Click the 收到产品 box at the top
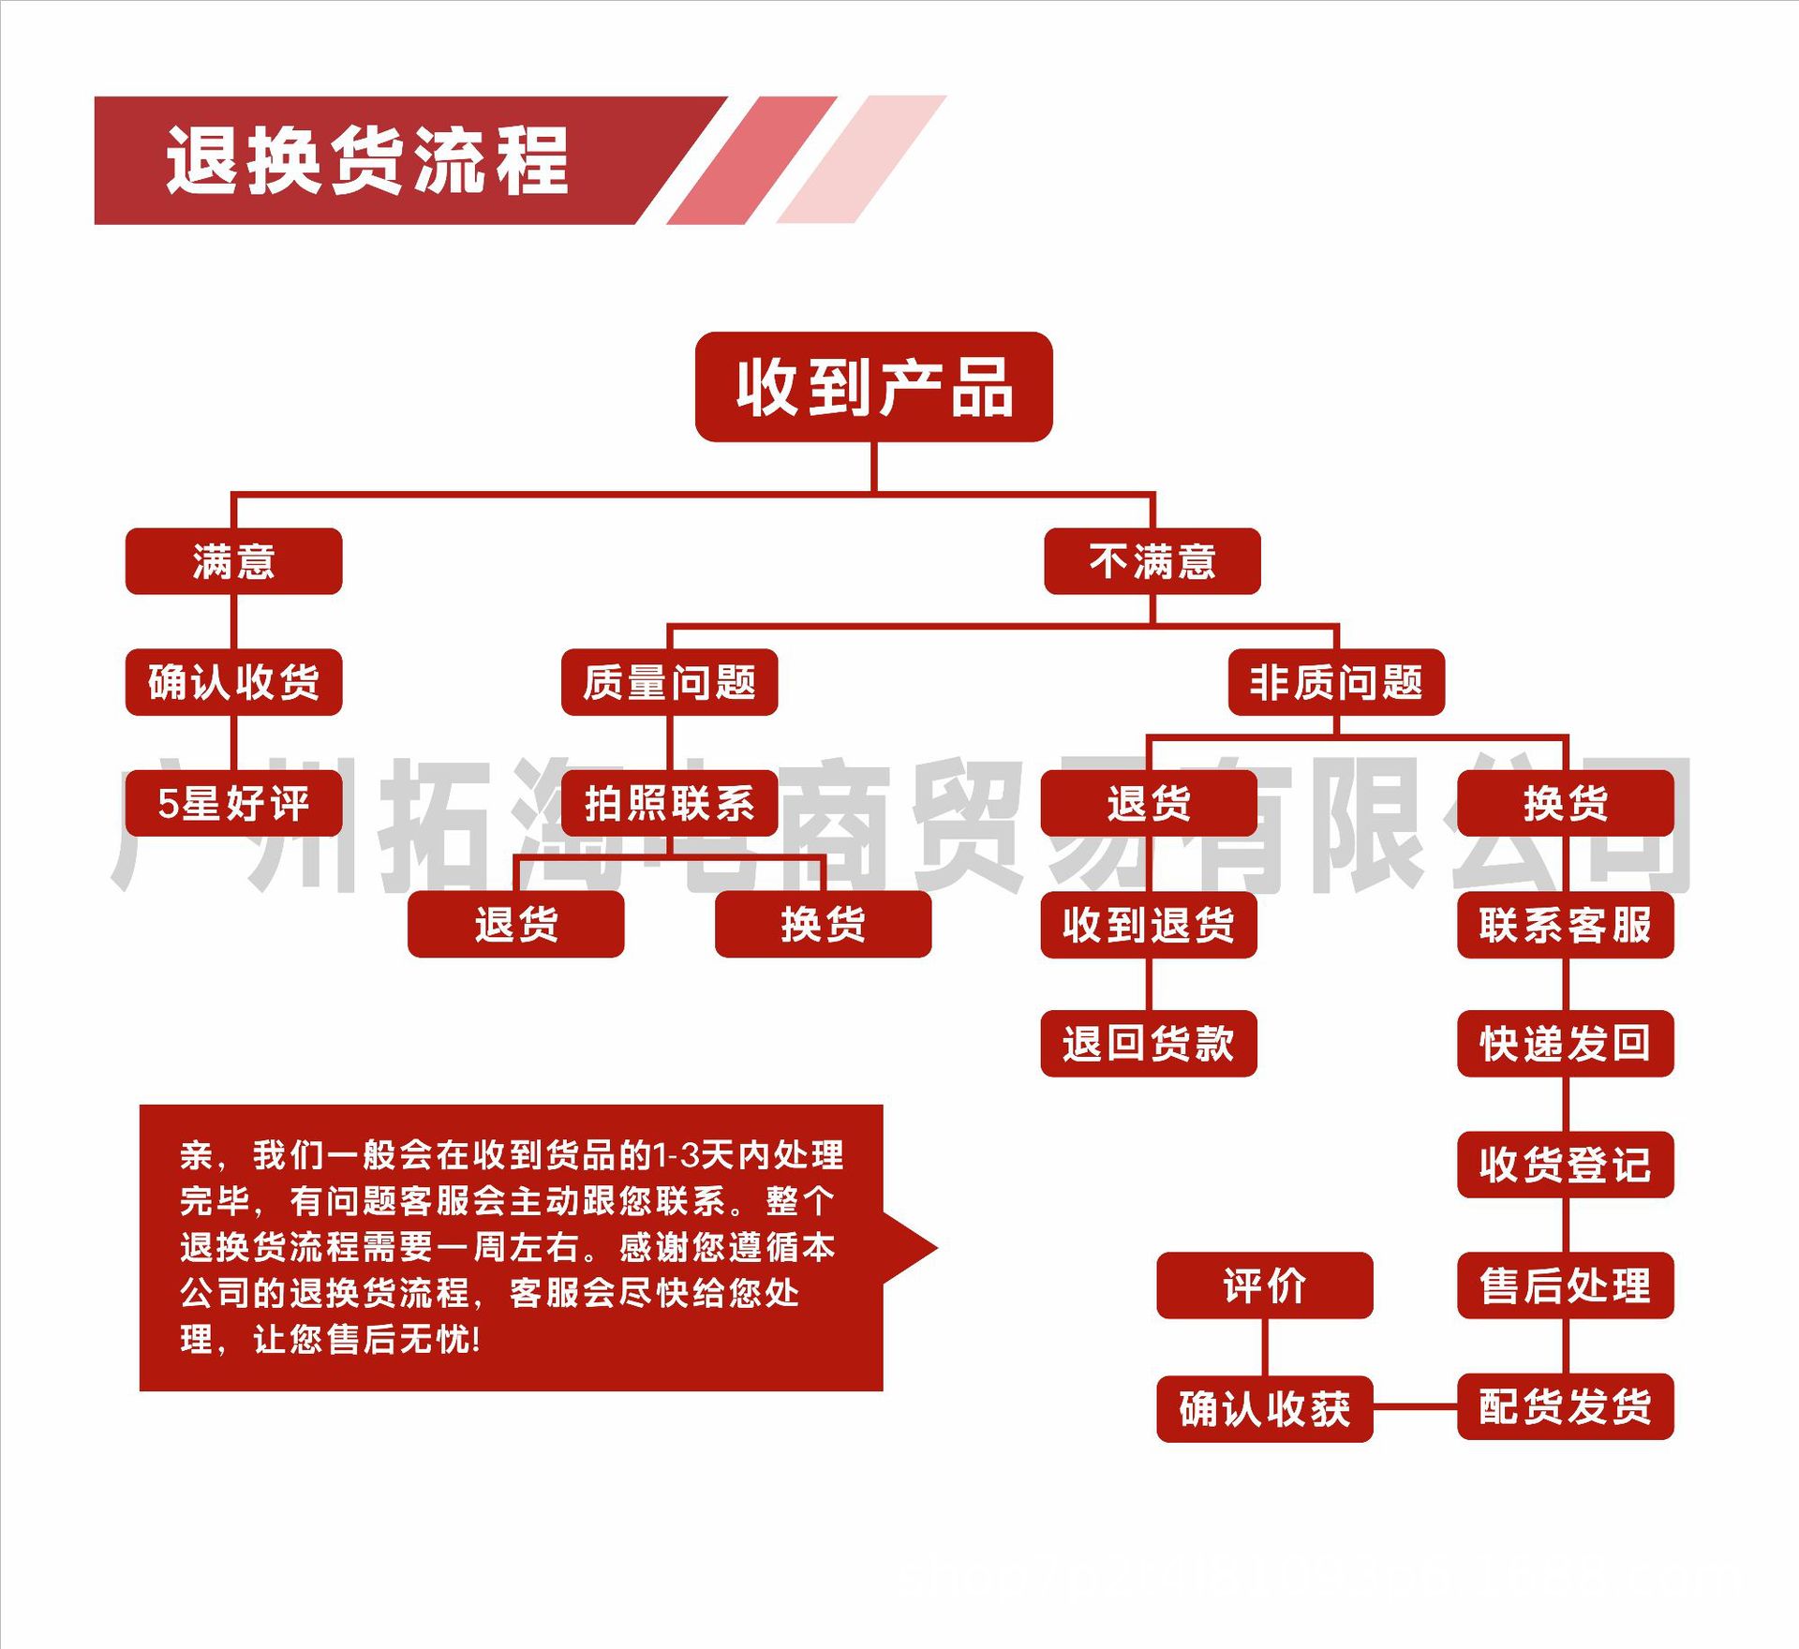(x=873, y=387)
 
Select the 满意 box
(x=233, y=561)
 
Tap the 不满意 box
(x=1152, y=561)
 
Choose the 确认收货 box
(x=233, y=682)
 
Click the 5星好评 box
(x=233, y=803)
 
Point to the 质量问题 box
(x=669, y=682)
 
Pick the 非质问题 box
(x=1335, y=682)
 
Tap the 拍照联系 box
(x=669, y=803)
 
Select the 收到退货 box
(x=1148, y=925)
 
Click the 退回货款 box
(x=1148, y=1044)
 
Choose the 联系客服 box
(x=1565, y=925)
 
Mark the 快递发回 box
(x=1565, y=1044)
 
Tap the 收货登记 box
(x=1565, y=1165)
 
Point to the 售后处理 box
(x=1565, y=1285)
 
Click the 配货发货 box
(x=1565, y=1406)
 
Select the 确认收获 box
(x=1264, y=1408)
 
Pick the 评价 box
(x=1264, y=1285)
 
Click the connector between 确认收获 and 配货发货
(x=1415, y=1407)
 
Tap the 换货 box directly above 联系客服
(x=1565, y=803)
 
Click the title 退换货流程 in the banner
(x=367, y=160)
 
